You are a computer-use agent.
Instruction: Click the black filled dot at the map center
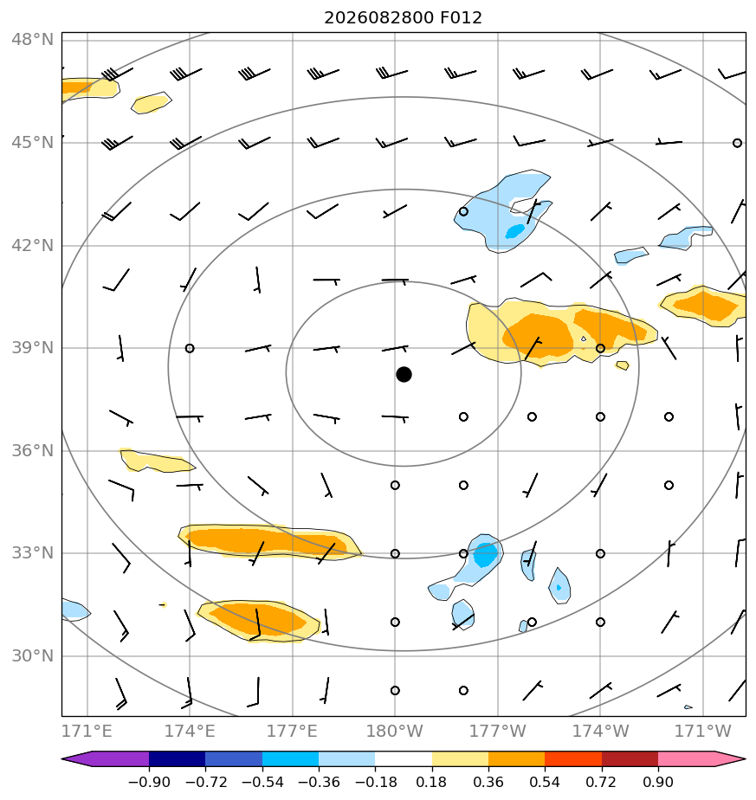(x=404, y=375)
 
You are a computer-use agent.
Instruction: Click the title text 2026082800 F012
(x=403, y=18)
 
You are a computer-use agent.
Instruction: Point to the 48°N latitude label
(x=32, y=40)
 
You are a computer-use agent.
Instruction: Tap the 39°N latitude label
(x=32, y=348)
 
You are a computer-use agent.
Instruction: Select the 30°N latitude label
(x=32, y=656)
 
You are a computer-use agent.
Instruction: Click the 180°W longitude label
(x=395, y=731)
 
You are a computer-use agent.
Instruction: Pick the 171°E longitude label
(x=87, y=731)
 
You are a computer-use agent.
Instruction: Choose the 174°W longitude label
(x=600, y=731)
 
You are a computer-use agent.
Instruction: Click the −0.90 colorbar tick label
(x=149, y=782)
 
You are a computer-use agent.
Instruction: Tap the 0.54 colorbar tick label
(x=545, y=782)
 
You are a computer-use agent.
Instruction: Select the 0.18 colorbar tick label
(x=432, y=782)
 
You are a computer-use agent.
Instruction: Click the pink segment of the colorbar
(x=687, y=759)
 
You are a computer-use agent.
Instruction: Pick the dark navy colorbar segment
(x=178, y=759)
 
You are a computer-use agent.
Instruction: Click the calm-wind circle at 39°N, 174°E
(x=190, y=348)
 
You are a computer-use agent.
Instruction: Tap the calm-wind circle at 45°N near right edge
(x=737, y=144)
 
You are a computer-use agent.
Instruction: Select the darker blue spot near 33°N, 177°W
(x=484, y=555)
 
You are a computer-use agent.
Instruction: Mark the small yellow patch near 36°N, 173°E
(x=156, y=461)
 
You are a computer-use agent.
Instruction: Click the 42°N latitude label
(x=32, y=245)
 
